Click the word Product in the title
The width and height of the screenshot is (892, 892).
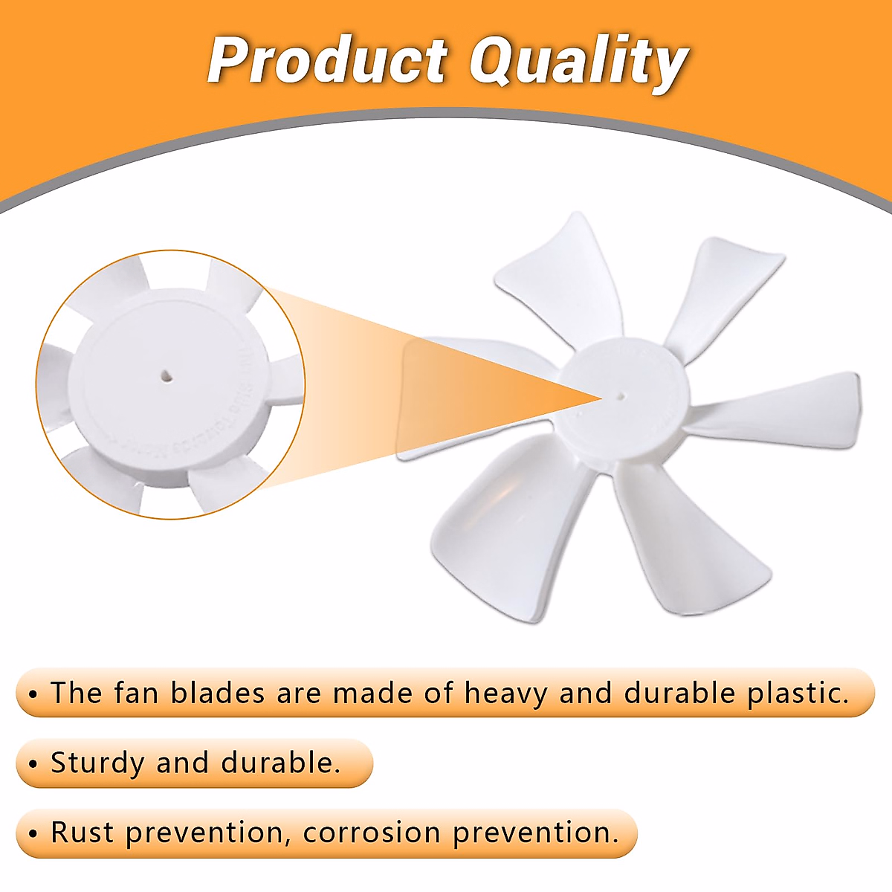click(x=327, y=61)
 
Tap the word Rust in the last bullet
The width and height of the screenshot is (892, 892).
click(x=82, y=833)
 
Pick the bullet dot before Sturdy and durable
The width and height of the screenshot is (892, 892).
click(x=33, y=764)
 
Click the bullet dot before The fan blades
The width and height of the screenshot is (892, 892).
click(x=33, y=694)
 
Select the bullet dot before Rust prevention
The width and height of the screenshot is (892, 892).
click(x=33, y=833)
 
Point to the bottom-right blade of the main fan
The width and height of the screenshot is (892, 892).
click(x=684, y=543)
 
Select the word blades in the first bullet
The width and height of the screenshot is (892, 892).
click(x=217, y=694)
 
